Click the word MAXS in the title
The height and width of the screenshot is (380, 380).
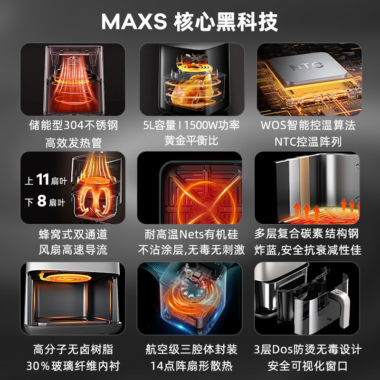(134, 22)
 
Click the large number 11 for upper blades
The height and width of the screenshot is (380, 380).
(43, 180)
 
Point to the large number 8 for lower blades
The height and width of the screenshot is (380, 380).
(42, 201)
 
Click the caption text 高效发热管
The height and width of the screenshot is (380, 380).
(74, 142)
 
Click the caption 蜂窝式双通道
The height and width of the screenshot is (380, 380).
(73, 234)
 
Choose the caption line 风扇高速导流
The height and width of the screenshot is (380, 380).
(73, 250)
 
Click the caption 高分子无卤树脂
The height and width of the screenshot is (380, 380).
(73, 350)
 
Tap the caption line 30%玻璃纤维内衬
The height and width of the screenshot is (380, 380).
(73, 366)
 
